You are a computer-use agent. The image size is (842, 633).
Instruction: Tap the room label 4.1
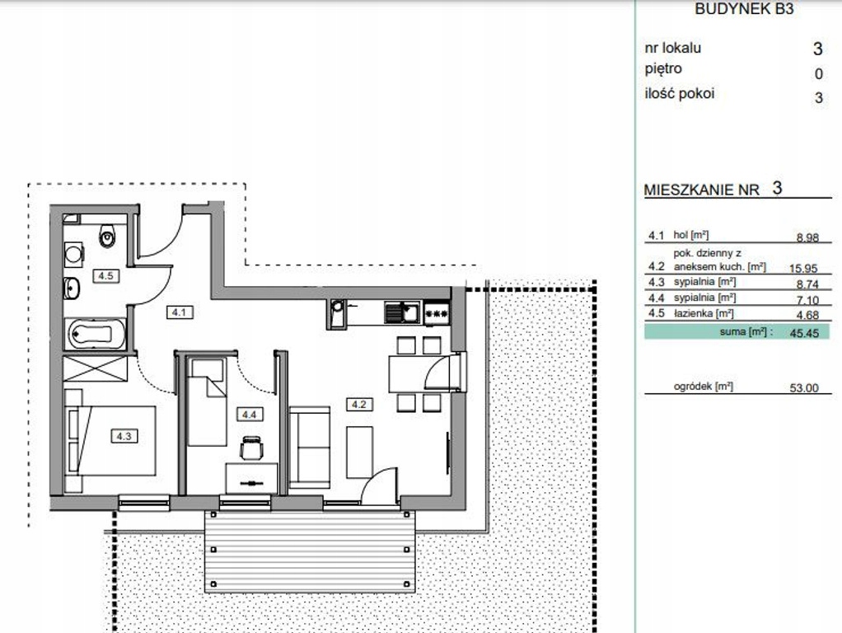[180, 312]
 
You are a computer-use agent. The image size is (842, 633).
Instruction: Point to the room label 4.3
[124, 436]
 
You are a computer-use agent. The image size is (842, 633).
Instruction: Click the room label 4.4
[249, 415]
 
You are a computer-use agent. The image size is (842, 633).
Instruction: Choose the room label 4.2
[359, 404]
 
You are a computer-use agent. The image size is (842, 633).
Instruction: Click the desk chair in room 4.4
[252, 448]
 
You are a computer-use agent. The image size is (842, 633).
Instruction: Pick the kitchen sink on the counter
[402, 312]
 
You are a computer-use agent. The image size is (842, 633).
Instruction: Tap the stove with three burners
[437, 313]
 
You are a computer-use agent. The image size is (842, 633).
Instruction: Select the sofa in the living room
[309, 447]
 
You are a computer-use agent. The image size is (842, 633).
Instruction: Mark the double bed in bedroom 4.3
[110, 441]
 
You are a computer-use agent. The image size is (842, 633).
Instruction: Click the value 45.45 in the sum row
[804, 333]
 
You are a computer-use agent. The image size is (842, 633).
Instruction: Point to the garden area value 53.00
[804, 388]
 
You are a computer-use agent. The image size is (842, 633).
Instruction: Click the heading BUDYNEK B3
[744, 8]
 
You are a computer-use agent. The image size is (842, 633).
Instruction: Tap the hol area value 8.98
[807, 237]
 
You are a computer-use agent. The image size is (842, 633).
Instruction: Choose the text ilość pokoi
[680, 93]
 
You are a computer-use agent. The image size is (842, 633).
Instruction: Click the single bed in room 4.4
[208, 402]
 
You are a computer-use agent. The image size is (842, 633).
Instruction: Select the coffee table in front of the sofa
[360, 452]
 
